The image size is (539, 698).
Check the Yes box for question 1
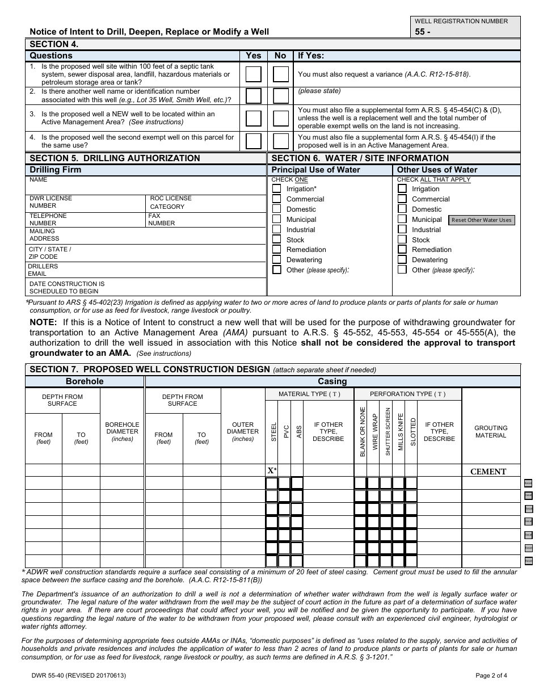coord(253,74)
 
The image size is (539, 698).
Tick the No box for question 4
coord(281,141)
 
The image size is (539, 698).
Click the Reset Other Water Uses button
coord(482,220)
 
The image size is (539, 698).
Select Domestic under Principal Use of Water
coord(276,209)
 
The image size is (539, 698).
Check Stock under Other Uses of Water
coord(402,240)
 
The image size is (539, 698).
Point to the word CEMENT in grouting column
coord(489,472)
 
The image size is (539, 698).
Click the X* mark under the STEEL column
coord(272,471)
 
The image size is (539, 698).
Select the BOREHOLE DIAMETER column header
coord(122,431)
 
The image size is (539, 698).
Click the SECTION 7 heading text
coord(149,369)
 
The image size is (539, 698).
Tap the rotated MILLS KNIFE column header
coord(401,432)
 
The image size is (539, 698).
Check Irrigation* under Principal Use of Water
coord(276,189)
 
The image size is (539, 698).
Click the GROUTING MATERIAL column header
coord(491,432)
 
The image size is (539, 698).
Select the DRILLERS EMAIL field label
coord(43,270)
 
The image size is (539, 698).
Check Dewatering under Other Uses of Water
coord(402,260)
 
